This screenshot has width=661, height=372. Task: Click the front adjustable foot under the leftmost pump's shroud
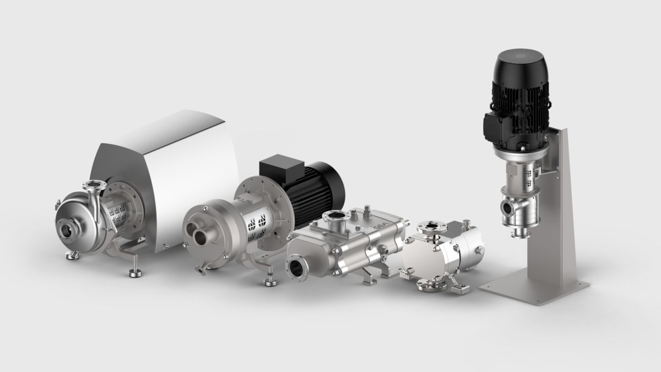click(x=133, y=271)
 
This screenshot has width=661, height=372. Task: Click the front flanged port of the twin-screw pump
click(x=298, y=269)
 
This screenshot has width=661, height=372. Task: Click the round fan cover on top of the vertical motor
click(x=520, y=62)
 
